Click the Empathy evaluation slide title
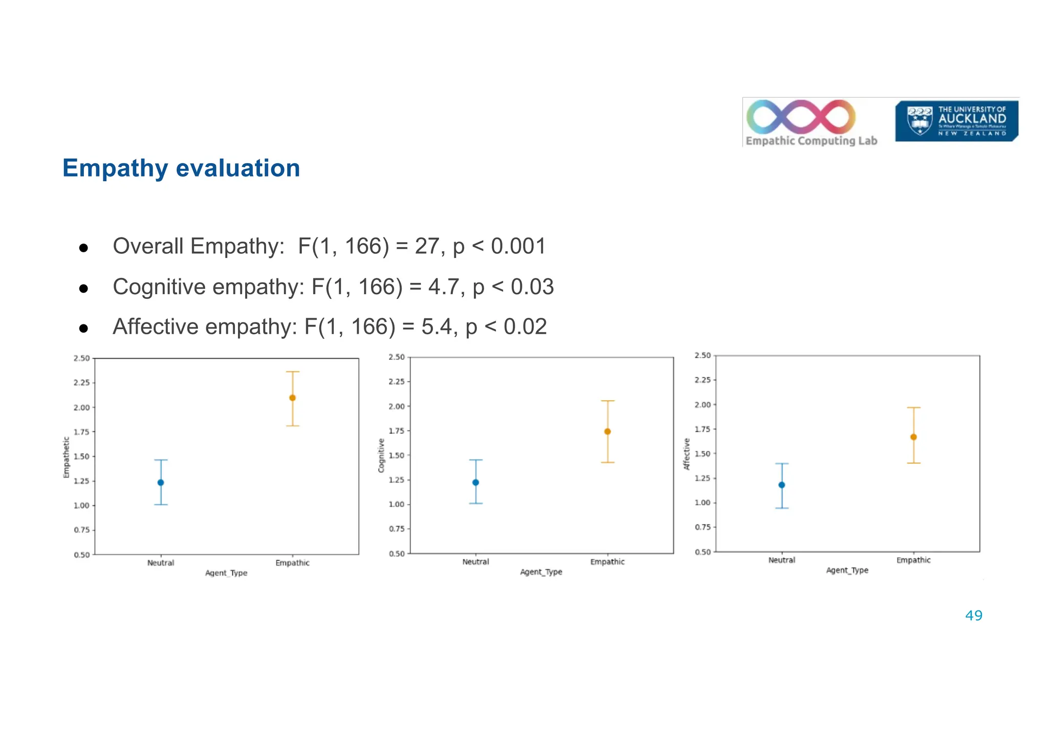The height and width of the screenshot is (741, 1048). [x=181, y=168]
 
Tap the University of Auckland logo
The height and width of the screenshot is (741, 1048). [x=956, y=121]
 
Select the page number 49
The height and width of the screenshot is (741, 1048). [x=973, y=616]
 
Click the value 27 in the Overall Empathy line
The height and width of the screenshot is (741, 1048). [x=427, y=247]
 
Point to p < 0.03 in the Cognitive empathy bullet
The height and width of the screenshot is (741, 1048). [x=513, y=287]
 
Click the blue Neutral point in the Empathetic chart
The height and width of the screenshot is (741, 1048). [x=161, y=483]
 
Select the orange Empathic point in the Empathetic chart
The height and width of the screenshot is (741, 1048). [x=293, y=398]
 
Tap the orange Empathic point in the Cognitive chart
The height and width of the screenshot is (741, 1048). [x=607, y=431]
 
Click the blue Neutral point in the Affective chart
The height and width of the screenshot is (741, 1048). [x=781, y=485]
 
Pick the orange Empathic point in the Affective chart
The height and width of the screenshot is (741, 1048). [x=913, y=437]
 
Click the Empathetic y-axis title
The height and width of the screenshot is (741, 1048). [x=66, y=457]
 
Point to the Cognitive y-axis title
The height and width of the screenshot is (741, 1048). [x=381, y=455]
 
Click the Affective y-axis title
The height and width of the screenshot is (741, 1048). [x=687, y=454]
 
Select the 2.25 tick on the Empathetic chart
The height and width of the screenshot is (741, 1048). [x=82, y=383]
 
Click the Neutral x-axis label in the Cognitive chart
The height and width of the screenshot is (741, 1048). [x=475, y=562]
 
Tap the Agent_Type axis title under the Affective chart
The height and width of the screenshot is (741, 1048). [x=847, y=571]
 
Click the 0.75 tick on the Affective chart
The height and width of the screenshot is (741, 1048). [x=703, y=527]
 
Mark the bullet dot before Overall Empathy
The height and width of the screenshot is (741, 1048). [x=84, y=249]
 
